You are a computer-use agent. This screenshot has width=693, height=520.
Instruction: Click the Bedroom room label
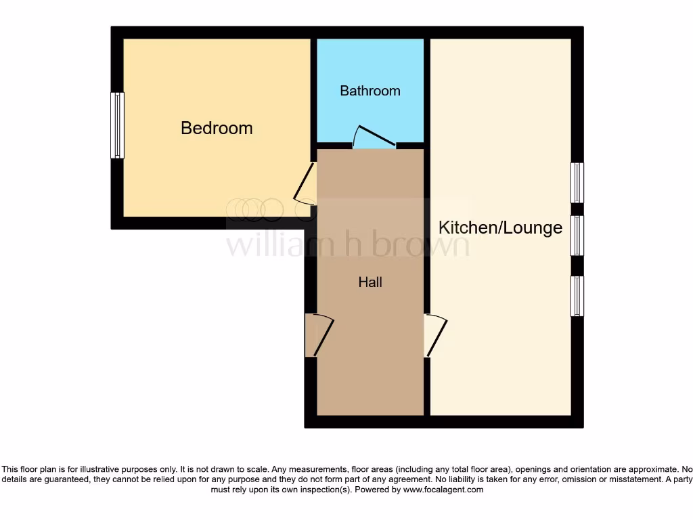(217, 128)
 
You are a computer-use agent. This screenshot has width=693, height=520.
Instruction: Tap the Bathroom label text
(370, 91)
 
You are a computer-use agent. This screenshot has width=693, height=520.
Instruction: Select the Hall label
(370, 282)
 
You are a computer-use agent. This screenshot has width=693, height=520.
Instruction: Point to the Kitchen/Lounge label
(500, 227)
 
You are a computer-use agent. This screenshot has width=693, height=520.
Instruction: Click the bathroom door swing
(374, 136)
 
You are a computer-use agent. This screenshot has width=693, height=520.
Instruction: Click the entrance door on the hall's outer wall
(319, 335)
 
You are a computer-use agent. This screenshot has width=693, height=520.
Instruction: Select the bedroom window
(118, 125)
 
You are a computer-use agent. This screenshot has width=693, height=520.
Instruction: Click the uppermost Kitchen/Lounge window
(577, 183)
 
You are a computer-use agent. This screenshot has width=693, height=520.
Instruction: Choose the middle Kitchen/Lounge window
(577, 236)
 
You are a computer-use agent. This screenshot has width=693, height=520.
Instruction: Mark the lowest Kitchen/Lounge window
(577, 296)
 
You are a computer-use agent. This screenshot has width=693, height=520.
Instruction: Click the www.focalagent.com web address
(443, 490)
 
